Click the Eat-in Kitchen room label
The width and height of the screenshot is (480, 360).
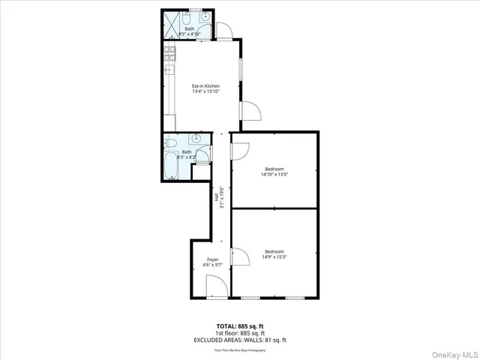coord(205,86)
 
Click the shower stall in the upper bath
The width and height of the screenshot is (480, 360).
coord(170,23)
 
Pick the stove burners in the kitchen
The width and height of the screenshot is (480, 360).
coord(169,52)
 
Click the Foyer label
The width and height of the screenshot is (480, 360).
coord(212,259)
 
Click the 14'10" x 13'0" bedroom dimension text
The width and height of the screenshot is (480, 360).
coord(274,174)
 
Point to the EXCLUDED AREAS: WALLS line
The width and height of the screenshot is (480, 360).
coord(239,340)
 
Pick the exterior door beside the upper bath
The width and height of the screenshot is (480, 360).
coord(224,31)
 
